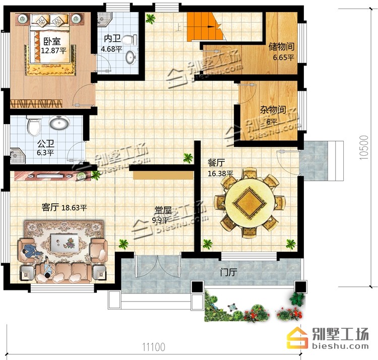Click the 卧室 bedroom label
pos(52,41)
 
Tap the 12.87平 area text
pos(53,51)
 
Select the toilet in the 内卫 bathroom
pos(130,40)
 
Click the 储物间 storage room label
pos(281,46)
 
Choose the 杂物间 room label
pos(273,110)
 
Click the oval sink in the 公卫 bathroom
pos(59,122)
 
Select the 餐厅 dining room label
pos(216,163)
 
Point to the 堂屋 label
pos(163,210)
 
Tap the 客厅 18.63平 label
pos(64,207)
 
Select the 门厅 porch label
pos(229,272)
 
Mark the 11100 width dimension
pos(154,347)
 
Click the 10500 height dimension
pos(364,148)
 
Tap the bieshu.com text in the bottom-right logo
pos(340,346)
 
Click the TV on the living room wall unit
pos(50,176)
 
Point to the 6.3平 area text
pos(45,153)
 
